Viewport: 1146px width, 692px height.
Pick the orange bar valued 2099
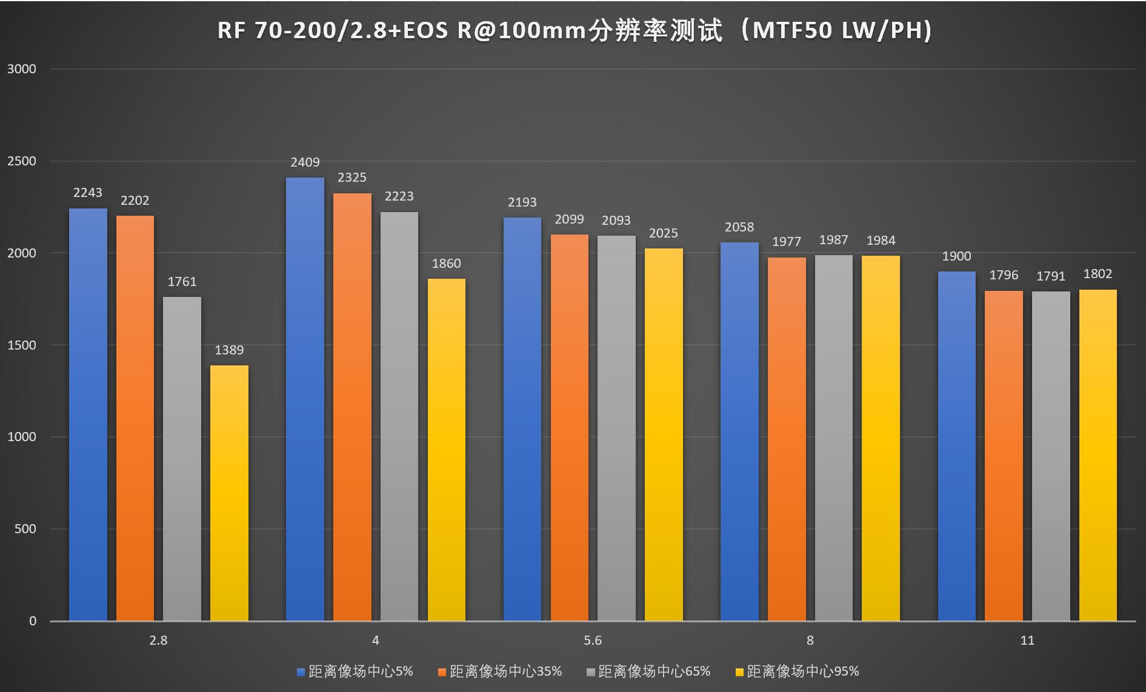click(x=569, y=427)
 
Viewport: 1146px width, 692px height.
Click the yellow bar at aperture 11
click(x=1098, y=455)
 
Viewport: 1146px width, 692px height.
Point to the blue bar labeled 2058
click(x=739, y=431)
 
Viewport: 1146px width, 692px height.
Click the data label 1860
click(x=446, y=264)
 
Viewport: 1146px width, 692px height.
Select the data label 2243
click(x=88, y=193)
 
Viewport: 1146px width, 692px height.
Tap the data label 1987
click(x=833, y=240)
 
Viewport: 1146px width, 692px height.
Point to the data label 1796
click(x=1004, y=275)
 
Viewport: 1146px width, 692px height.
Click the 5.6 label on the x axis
click(x=593, y=640)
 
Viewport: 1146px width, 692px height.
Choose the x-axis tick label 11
click(x=1027, y=640)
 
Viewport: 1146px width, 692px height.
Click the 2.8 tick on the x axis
click(x=158, y=640)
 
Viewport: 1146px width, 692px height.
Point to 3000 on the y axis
click(x=22, y=69)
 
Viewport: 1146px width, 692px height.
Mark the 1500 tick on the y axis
click(x=22, y=345)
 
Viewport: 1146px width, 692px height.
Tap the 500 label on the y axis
click(x=25, y=529)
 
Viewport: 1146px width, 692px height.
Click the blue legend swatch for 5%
click(x=301, y=672)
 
